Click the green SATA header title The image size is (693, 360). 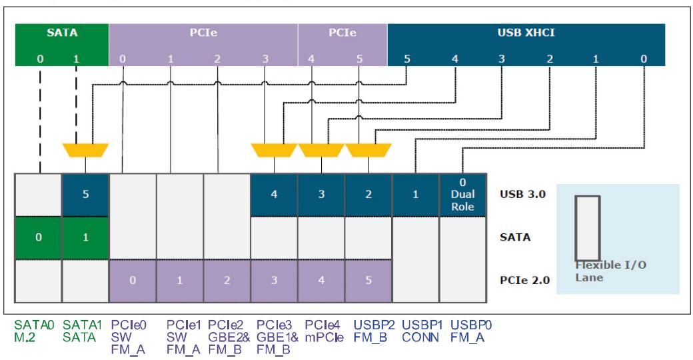coord(62,32)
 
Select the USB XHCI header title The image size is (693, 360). coord(526,32)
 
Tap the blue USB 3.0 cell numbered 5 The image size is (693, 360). coord(85,195)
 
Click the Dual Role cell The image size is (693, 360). coord(462,195)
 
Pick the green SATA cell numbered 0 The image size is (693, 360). coord(39,237)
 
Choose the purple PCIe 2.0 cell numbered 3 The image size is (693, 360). coord(274,281)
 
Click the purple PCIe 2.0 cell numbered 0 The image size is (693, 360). coord(133,281)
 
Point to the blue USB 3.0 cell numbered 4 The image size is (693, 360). coord(274,195)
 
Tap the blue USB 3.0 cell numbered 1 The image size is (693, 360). coord(415,195)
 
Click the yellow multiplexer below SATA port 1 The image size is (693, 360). coord(85,150)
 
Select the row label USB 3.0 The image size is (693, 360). coord(522,194)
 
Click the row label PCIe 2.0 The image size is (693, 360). coord(524,281)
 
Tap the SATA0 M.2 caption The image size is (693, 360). coord(34,331)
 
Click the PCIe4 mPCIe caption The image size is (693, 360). coord(324,331)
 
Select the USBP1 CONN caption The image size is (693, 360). coord(422,331)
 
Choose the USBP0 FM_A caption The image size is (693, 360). coord(470,331)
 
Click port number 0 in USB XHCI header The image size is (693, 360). coord(644,59)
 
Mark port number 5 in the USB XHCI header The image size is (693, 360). coord(406,59)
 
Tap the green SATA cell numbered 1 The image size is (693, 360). coord(85,237)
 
